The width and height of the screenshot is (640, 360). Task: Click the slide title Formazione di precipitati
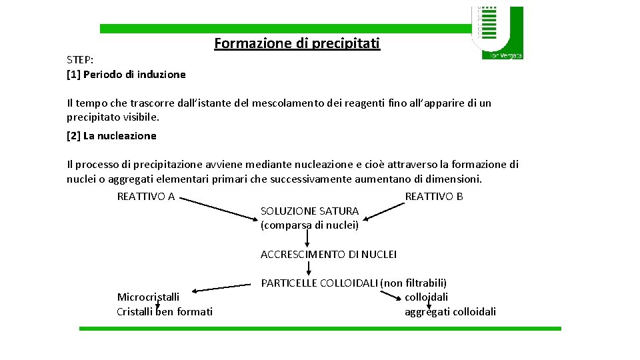[x=297, y=43]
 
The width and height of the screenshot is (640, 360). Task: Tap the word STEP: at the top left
[x=80, y=60]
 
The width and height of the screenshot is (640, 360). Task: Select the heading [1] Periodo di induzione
[x=126, y=75]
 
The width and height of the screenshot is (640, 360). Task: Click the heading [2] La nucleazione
[x=111, y=136]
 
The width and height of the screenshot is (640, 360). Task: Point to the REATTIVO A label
[x=146, y=196]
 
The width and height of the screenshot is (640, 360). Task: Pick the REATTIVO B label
[x=434, y=196]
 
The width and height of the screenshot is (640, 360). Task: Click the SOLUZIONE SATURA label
[x=309, y=211]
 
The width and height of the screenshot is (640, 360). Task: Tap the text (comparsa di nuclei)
[x=309, y=225]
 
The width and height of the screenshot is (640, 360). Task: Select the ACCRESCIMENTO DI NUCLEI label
[x=329, y=254]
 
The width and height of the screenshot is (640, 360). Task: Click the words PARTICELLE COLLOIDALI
[x=319, y=283]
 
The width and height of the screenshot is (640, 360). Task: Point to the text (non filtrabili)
[x=413, y=283]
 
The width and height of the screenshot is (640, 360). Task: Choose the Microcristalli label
[x=148, y=297]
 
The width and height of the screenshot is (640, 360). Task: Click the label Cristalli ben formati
[x=165, y=311]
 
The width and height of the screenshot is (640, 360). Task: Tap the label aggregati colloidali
[x=450, y=311]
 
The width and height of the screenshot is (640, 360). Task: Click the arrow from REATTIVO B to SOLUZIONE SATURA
[x=383, y=208]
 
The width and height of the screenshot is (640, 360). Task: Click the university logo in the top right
[x=497, y=32]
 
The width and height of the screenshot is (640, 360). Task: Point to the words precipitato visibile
[x=113, y=117]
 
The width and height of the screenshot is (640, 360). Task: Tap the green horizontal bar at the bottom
[x=320, y=328]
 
